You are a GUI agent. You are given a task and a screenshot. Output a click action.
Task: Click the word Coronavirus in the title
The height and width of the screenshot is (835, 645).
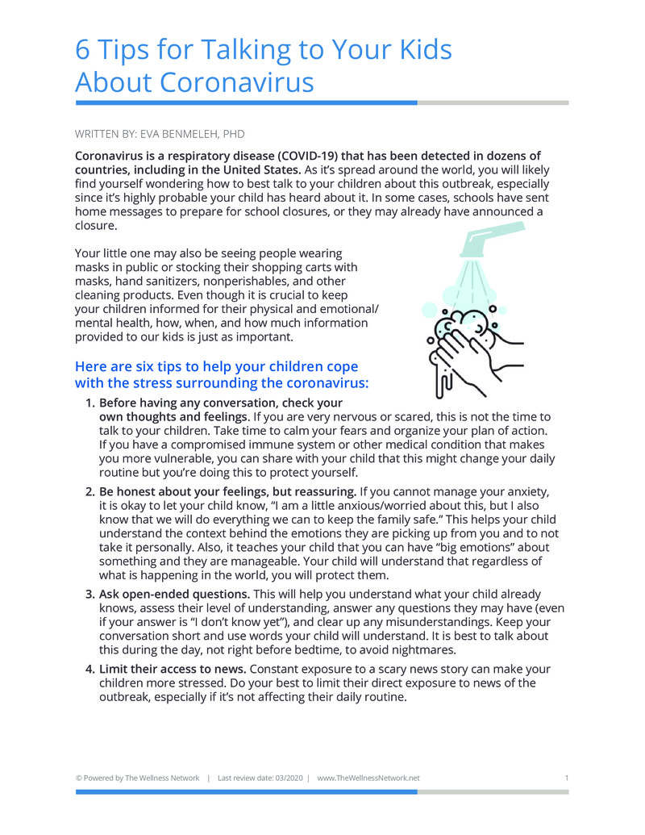[x=236, y=82]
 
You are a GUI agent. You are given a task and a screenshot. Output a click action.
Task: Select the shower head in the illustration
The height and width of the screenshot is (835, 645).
[x=490, y=240]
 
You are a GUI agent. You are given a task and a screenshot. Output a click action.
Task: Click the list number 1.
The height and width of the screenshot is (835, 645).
[x=89, y=403]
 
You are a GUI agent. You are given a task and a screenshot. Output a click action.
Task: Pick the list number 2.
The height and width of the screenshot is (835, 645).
[x=89, y=491]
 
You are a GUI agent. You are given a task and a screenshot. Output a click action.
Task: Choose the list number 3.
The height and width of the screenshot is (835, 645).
[x=89, y=594]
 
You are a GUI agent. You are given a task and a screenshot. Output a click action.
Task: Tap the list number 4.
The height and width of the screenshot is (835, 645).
[x=89, y=669]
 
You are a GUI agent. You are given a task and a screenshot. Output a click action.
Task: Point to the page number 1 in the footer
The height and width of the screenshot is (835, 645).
[x=567, y=778]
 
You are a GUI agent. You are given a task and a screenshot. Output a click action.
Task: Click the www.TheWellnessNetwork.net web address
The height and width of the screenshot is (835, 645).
[x=368, y=778]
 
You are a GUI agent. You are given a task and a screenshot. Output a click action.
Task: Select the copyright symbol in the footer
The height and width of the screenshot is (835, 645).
[x=78, y=778]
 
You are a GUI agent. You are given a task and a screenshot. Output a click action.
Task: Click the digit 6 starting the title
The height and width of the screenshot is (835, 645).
[x=82, y=49]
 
